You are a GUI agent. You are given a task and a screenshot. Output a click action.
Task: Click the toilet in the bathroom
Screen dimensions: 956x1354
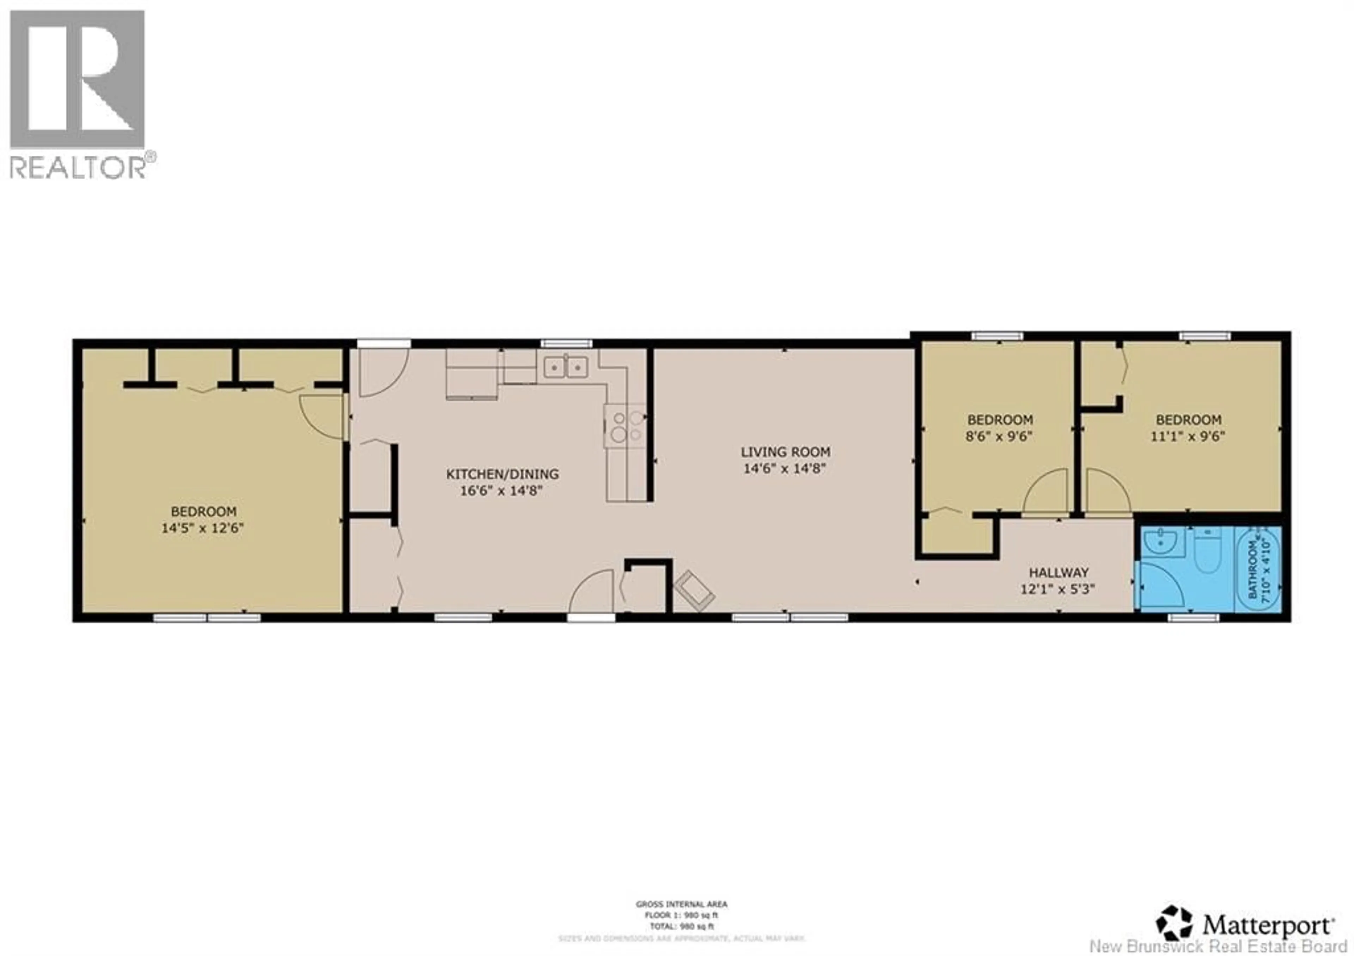1207,552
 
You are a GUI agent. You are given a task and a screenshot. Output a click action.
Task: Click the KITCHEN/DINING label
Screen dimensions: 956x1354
502,474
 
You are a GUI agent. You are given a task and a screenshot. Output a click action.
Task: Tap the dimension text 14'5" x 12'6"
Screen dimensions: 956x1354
202,528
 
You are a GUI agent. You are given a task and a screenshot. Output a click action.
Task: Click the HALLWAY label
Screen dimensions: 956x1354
1059,572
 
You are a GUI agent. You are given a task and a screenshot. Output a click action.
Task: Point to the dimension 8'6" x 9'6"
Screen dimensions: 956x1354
1000,437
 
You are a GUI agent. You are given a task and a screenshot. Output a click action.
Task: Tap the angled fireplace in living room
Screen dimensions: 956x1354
695,590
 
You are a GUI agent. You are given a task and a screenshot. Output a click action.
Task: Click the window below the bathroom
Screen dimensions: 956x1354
1193,617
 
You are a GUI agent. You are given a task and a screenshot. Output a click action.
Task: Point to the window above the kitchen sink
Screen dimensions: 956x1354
566,343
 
